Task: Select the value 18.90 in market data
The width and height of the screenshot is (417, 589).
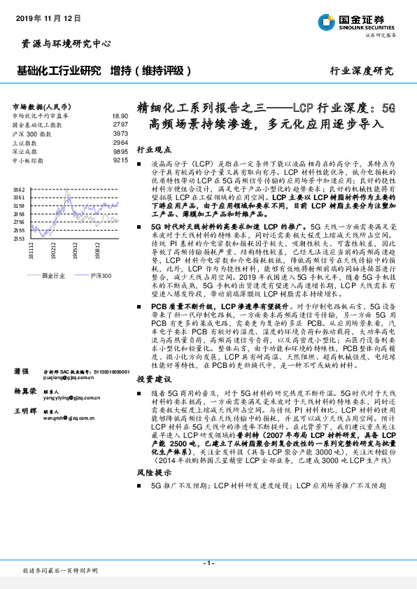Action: coord(119,115)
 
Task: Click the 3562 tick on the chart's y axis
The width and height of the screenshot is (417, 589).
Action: coord(19,190)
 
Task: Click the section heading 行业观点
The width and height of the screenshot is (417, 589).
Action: coord(153,150)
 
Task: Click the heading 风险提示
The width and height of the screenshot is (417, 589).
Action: coord(153,492)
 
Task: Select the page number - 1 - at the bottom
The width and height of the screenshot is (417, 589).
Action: coord(208,562)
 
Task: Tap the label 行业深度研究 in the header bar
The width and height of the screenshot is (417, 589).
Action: coord(362,71)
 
